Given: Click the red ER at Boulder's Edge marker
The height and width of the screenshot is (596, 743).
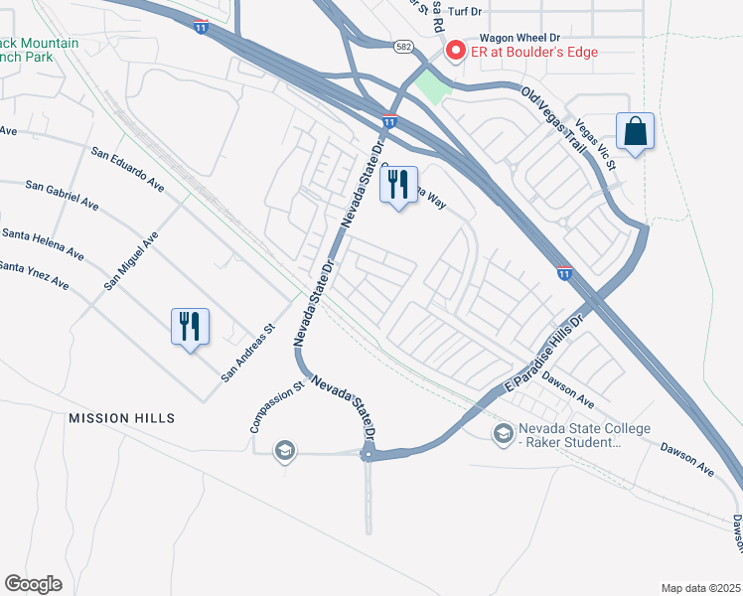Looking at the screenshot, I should click(456, 50).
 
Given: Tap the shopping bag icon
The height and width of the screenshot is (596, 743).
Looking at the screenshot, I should click(635, 131).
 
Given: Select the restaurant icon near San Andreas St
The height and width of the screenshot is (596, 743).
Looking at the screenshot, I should click(190, 326).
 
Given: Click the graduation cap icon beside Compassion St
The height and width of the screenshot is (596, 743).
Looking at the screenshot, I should click(285, 451).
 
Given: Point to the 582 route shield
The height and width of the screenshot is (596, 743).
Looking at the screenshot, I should click(403, 46).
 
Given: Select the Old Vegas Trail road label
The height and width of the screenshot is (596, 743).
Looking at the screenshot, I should click(553, 116).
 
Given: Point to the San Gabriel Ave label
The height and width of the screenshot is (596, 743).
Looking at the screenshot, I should click(63, 196).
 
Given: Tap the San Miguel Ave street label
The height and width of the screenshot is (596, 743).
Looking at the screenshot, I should click(132, 261).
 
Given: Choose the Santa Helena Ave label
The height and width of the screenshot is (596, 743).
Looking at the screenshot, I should click(41, 239).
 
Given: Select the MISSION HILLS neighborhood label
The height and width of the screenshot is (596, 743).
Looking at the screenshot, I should click(121, 418).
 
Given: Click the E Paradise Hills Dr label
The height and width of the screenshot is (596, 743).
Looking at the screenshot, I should click(547, 350).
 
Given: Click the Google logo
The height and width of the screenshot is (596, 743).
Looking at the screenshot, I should click(33, 584).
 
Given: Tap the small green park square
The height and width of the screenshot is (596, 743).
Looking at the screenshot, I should click(432, 87).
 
